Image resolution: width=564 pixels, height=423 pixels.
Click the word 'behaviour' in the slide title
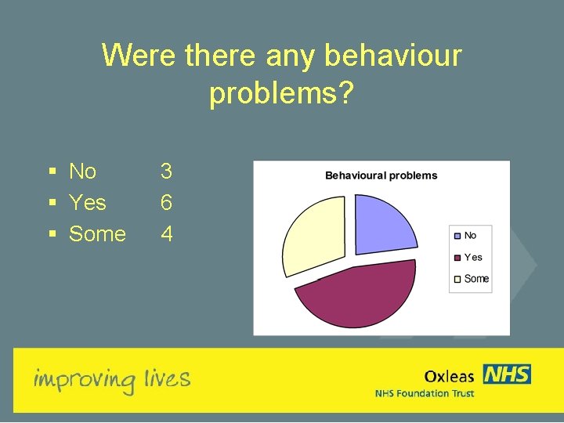pyautogui.click(x=392, y=56)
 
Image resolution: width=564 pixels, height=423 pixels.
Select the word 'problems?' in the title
pyautogui.click(x=282, y=93)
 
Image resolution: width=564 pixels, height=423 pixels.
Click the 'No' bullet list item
pyautogui.click(x=82, y=171)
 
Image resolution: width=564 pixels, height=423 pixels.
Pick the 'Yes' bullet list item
pyautogui.click(x=87, y=202)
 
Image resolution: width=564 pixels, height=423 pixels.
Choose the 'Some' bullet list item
pyautogui.click(x=97, y=233)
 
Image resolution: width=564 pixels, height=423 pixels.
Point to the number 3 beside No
pyautogui.click(x=166, y=171)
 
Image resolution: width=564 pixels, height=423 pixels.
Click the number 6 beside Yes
pyautogui.click(x=166, y=202)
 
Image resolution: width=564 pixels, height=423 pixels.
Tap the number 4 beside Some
pyautogui.click(x=166, y=233)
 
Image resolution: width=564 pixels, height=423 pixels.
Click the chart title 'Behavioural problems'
pyautogui.click(x=381, y=175)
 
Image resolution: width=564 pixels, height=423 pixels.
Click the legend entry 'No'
pyautogui.click(x=469, y=236)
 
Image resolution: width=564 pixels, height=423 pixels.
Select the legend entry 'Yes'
pyautogui.click(x=472, y=257)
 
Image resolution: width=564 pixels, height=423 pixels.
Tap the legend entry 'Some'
pyautogui.click(x=475, y=278)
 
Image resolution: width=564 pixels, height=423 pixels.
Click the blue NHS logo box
pyautogui.click(x=507, y=374)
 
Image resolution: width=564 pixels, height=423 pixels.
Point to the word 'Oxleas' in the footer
pyautogui.click(x=449, y=376)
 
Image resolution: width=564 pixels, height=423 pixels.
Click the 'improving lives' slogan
pyautogui.click(x=111, y=380)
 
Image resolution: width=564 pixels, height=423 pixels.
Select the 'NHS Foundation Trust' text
pyautogui.click(x=425, y=393)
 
